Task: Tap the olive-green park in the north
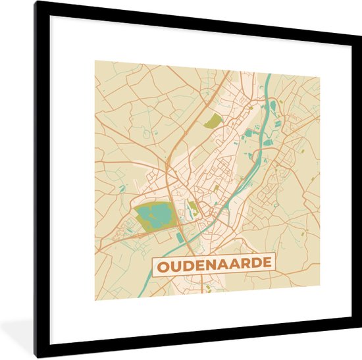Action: click(x=213, y=120)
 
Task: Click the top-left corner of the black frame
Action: click(x=36, y=3)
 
